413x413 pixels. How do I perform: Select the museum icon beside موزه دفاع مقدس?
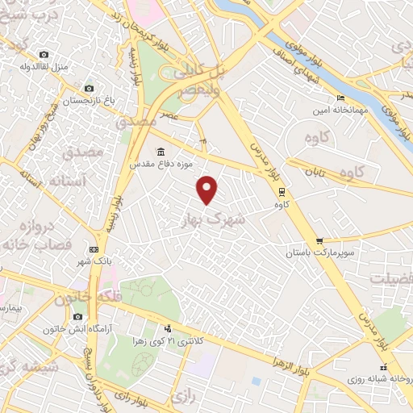[161, 152]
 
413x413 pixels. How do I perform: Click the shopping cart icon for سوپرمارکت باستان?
[319, 240]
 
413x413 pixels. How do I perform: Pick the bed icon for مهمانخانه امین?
[341, 98]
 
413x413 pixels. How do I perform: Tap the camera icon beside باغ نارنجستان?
[89, 88]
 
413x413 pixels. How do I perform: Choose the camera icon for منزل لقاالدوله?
[44, 54]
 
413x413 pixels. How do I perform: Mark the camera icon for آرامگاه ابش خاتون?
[77, 317]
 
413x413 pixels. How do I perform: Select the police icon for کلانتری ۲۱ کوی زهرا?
[168, 328]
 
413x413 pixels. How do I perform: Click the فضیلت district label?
[391, 277]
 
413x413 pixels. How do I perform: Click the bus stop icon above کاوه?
[281, 192]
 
